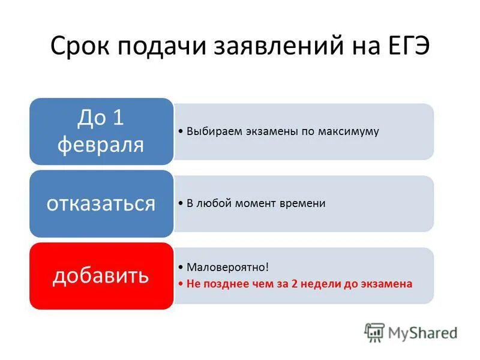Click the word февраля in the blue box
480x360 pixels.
101,145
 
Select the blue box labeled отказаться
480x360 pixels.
101,203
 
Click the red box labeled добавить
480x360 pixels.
101,275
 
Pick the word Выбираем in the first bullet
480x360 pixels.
208,131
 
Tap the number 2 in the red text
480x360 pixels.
295,284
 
